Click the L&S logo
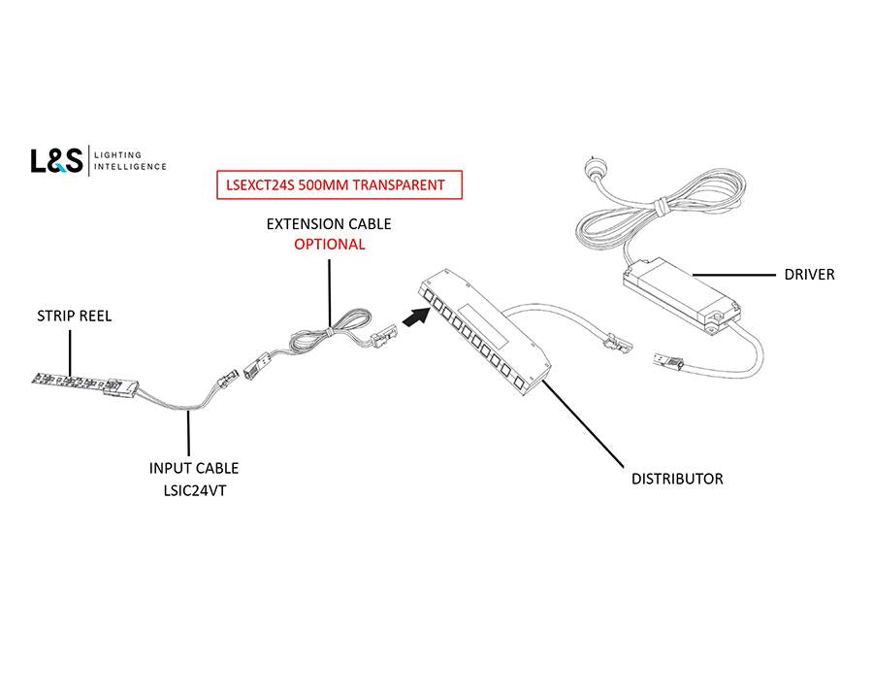pos(57,160)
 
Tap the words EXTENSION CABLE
pos(329,224)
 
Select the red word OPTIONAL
pos(329,245)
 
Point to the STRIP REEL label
pos(74,316)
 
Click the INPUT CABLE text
pos(194,469)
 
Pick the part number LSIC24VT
pos(194,490)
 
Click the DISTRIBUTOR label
pos(676,479)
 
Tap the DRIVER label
pos(809,275)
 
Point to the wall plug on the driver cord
pos(594,168)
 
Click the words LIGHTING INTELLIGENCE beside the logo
pos(130,161)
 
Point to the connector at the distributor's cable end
pos(615,341)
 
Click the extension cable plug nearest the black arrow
pos(383,334)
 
